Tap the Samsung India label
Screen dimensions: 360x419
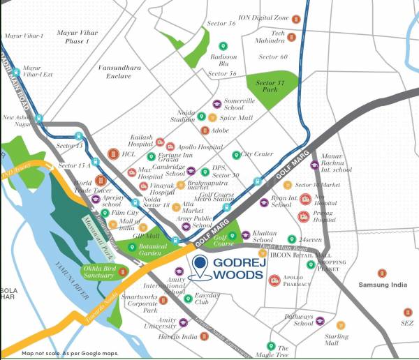[x=381, y=285]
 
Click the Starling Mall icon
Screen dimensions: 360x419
[x=341, y=324]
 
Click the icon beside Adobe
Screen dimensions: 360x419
[x=205, y=130]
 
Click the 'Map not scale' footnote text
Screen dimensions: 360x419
[x=69, y=354]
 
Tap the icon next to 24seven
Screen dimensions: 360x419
[x=292, y=239]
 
